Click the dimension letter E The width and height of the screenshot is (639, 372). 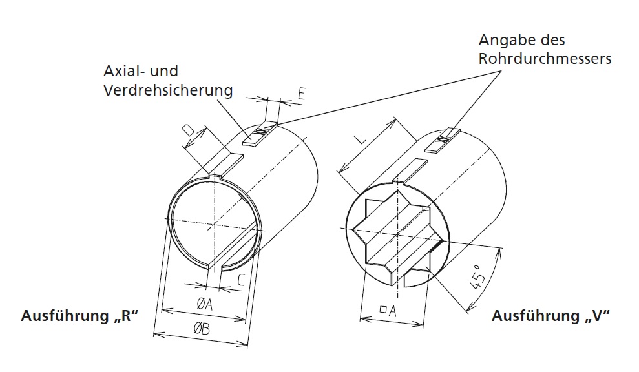[x=301, y=94]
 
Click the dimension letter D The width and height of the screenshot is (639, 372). [x=188, y=132]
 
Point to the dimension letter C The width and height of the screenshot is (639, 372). [x=240, y=280]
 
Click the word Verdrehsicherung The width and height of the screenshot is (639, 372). [x=168, y=90]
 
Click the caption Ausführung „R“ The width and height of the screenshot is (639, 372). [x=80, y=316]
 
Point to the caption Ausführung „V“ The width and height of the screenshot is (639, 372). [x=551, y=316]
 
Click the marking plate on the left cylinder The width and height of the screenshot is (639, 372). [x=259, y=134]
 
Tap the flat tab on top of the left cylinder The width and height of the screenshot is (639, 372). [x=227, y=163]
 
